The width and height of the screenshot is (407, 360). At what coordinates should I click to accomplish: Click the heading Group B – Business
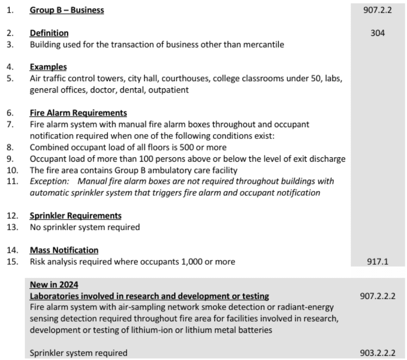(x=67, y=10)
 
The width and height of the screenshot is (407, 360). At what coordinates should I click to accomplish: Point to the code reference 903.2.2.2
(x=378, y=353)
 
